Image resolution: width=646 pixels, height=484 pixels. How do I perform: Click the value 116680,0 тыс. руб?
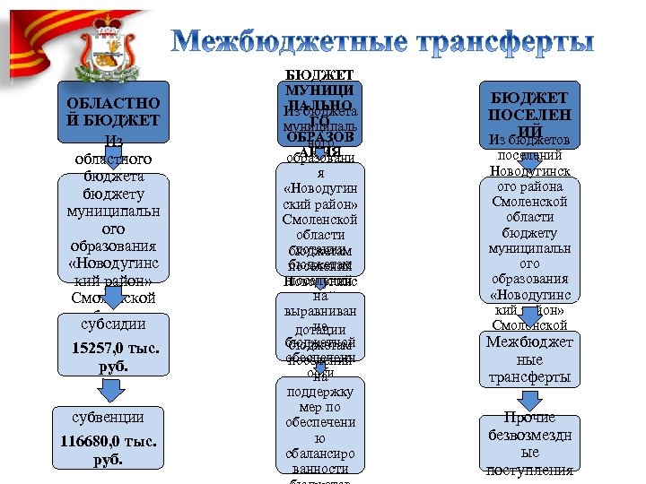[109, 452]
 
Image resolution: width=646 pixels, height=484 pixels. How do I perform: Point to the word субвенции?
[109, 417]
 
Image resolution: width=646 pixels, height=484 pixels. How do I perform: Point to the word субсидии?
[112, 324]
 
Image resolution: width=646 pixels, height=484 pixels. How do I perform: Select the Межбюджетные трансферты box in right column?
[529, 359]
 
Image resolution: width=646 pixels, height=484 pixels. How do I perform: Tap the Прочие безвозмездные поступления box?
[529, 443]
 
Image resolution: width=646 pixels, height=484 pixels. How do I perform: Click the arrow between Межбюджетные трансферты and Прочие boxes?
[530, 400]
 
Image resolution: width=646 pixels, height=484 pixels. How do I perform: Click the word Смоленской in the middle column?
[319, 219]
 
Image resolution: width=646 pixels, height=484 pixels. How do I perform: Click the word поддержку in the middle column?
[319, 392]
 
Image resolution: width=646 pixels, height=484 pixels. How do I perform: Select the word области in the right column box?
[529, 218]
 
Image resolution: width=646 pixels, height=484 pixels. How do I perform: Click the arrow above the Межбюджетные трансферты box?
[529, 315]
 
